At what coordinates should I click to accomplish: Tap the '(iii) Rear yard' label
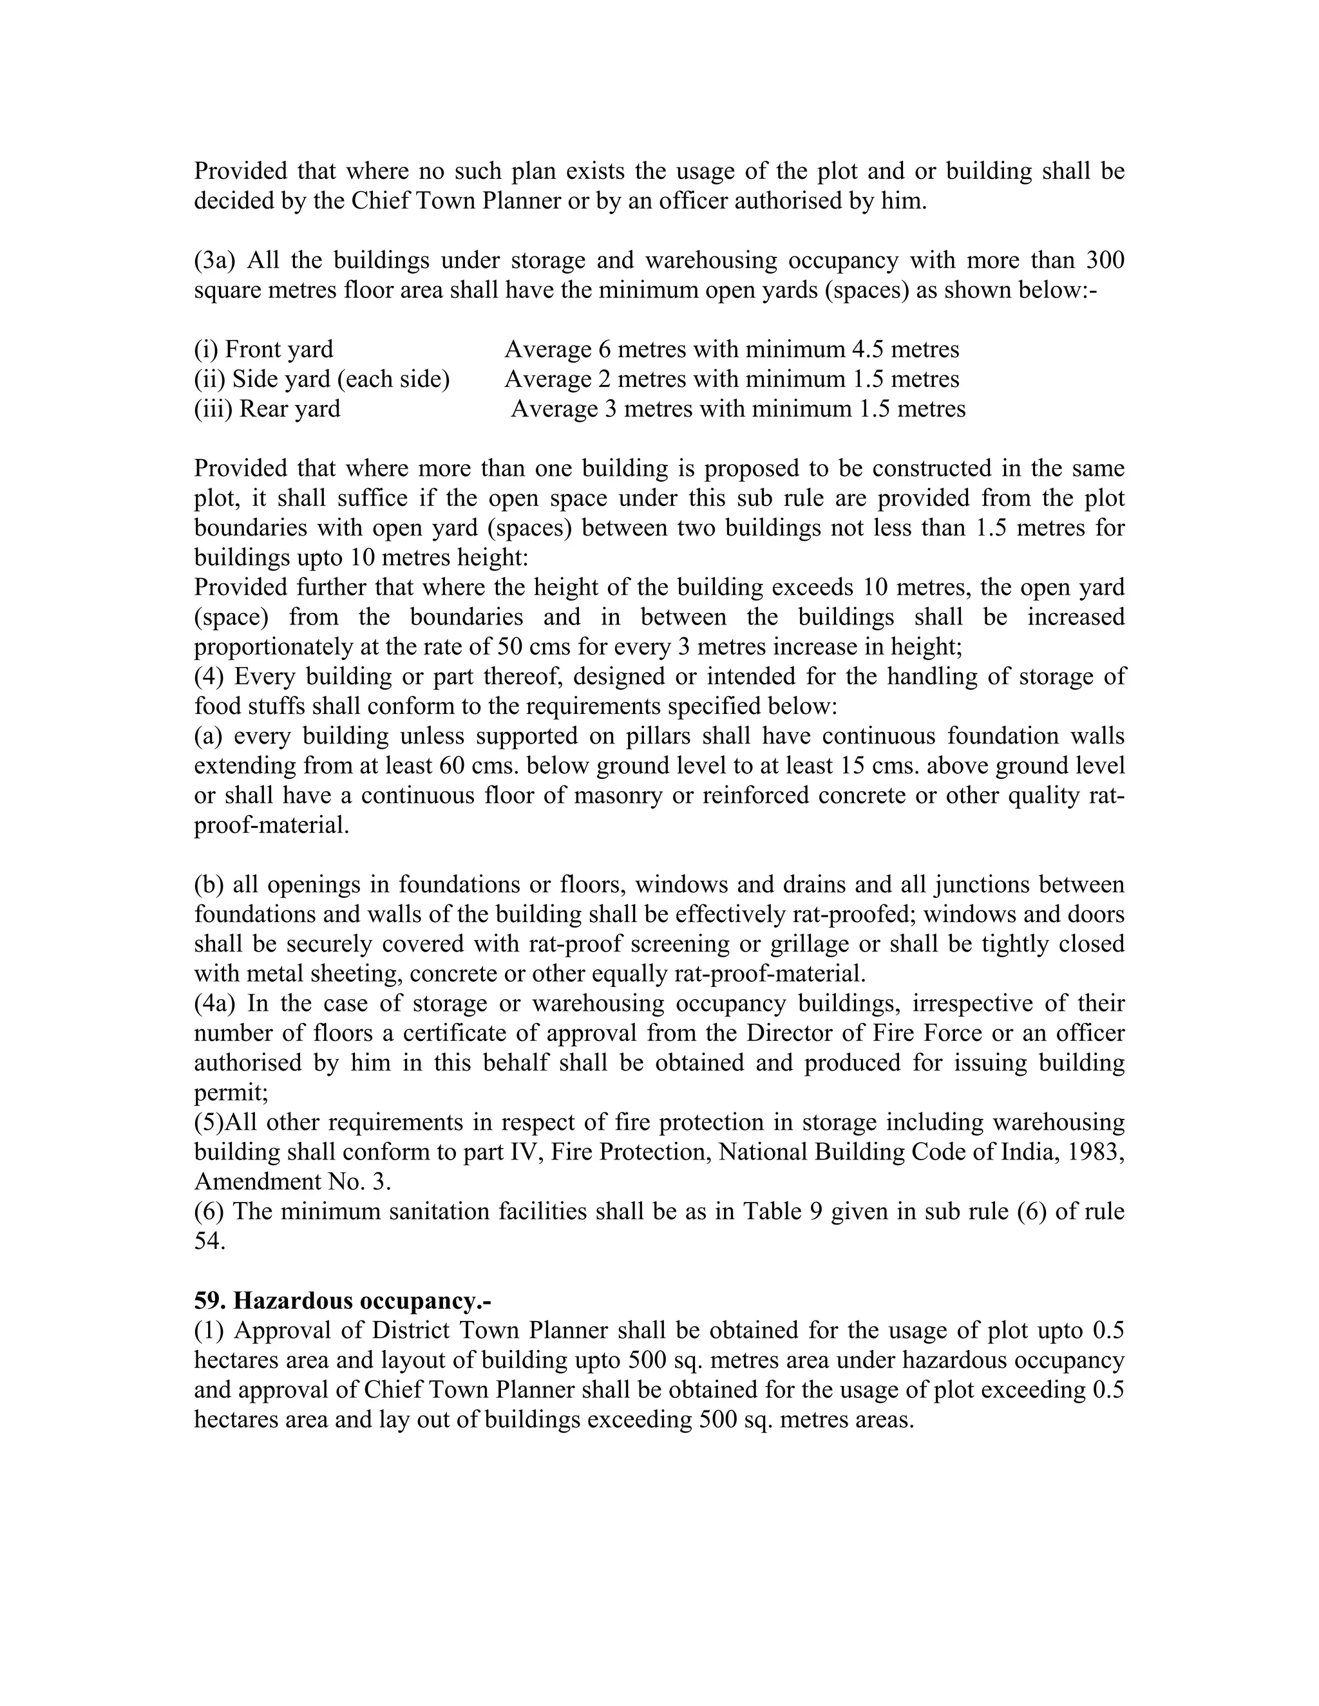point(267,409)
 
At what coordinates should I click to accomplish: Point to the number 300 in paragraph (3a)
point(1103,260)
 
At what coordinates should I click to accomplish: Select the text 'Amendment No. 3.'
point(292,1182)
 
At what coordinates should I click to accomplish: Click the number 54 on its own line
point(209,1241)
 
